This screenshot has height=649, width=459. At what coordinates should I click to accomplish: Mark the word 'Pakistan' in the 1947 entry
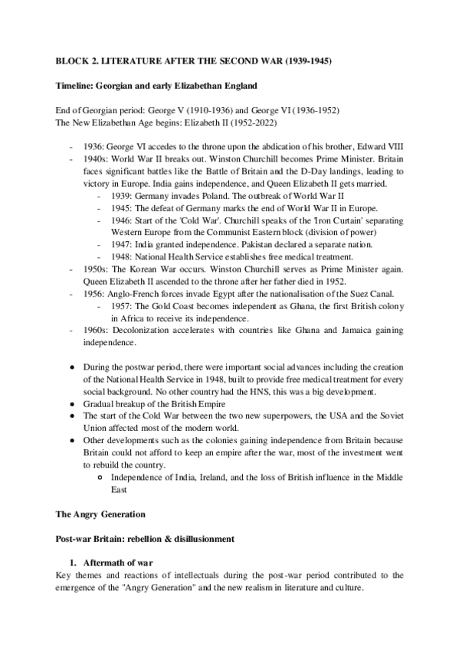(x=257, y=243)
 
